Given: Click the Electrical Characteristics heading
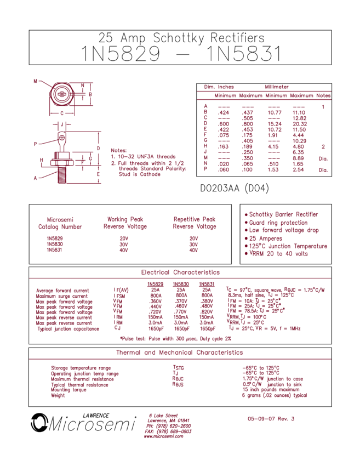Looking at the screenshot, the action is tap(180, 272).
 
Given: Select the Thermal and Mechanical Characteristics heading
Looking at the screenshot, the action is tap(180, 353).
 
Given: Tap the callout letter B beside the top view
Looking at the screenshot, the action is tap(35, 81).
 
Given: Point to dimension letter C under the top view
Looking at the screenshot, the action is tap(62, 112).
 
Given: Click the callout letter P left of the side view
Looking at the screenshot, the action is tap(35, 144).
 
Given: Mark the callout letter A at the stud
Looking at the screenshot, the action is tap(35, 178).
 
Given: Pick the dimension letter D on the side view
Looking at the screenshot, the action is tap(98, 148).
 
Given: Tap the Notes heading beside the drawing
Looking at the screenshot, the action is tap(118, 150).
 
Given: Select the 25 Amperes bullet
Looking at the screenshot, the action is tap(263, 238).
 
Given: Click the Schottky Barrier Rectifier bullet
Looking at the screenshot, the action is tap(281, 214).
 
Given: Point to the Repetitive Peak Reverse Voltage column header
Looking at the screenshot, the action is tap(195, 223).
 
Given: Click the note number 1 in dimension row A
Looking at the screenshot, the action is tap(323, 106).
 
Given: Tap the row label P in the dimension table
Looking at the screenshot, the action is tap(205, 169).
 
